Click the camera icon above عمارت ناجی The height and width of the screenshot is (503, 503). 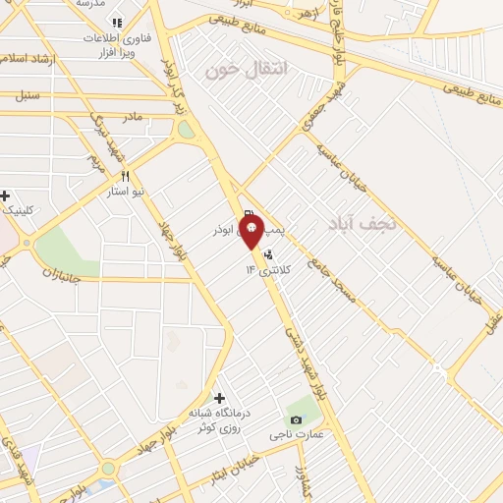(x=297, y=419)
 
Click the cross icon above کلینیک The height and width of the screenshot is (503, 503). (x=5, y=195)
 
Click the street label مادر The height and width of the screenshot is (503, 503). (x=132, y=116)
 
